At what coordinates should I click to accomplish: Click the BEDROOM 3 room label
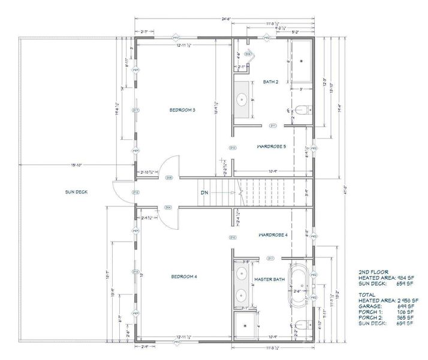pyautogui.click(x=183, y=110)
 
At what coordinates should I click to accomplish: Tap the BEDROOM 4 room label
pyautogui.click(x=183, y=276)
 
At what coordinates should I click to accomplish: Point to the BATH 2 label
pyautogui.click(x=271, y=82)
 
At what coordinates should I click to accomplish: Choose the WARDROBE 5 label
pyautogui.click(x=272, y=146)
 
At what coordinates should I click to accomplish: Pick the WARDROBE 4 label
pyautogui.click(x=274, y=235)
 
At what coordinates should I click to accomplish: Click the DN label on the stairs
pyautogui.click(x=204, y=193)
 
